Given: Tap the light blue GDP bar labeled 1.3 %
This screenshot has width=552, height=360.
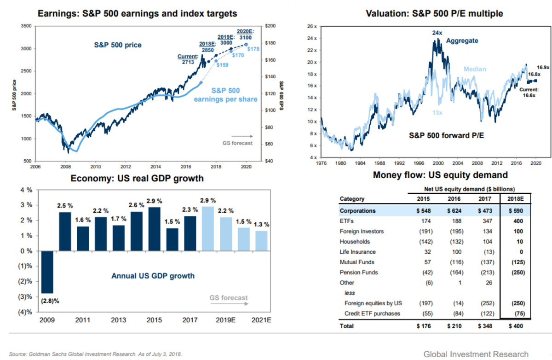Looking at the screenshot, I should (x=261, y=241).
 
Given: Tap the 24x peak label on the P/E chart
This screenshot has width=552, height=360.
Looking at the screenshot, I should (x=437, y=33).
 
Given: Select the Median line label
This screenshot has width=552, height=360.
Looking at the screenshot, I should (x=475, y=69).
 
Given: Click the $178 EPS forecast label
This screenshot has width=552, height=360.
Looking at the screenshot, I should (x=254, y=49).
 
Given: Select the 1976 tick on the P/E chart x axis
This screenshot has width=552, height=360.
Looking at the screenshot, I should (x=321, y=163).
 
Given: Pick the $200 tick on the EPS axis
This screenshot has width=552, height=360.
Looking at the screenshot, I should (x=271, y=26).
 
